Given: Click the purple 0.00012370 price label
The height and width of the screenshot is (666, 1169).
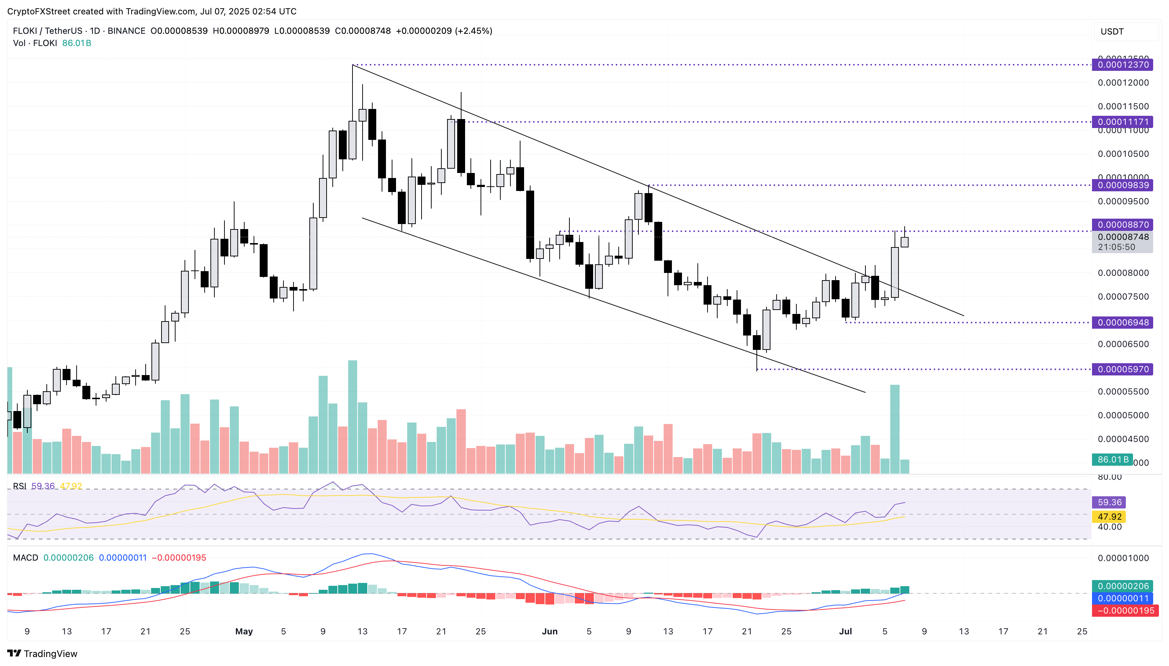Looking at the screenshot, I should coord(1122,64).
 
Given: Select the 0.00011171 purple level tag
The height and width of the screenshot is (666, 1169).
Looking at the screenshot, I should coord(1122,122).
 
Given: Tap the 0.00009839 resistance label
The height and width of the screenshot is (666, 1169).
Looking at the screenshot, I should coord(1122,185).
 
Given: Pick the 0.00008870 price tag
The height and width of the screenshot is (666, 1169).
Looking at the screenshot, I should coord(1122,225).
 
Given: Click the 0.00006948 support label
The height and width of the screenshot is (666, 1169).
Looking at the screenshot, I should coord(1122,323).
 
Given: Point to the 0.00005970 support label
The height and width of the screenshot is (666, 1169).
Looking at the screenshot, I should coord(1122,369).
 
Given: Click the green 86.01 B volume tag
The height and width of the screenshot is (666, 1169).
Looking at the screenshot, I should coord(1112,459).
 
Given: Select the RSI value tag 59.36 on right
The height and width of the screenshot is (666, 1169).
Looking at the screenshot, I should coord(1109,502).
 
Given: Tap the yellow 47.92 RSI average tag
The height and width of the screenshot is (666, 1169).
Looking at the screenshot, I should coord(1109,516).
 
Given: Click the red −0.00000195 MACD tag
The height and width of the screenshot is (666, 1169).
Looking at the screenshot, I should coord(1125,611).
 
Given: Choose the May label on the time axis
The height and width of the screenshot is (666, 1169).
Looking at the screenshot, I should coord(244,631).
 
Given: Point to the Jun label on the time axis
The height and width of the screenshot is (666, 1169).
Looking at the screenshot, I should coord(550,631).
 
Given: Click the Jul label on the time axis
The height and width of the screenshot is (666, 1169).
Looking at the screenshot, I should coord(845,631).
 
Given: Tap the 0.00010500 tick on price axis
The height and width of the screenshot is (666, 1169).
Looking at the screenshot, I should coord(1123,154).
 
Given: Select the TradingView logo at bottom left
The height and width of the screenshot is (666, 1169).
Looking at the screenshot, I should coord(42,653).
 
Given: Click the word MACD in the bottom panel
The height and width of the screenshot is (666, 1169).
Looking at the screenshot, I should coord(26,558).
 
